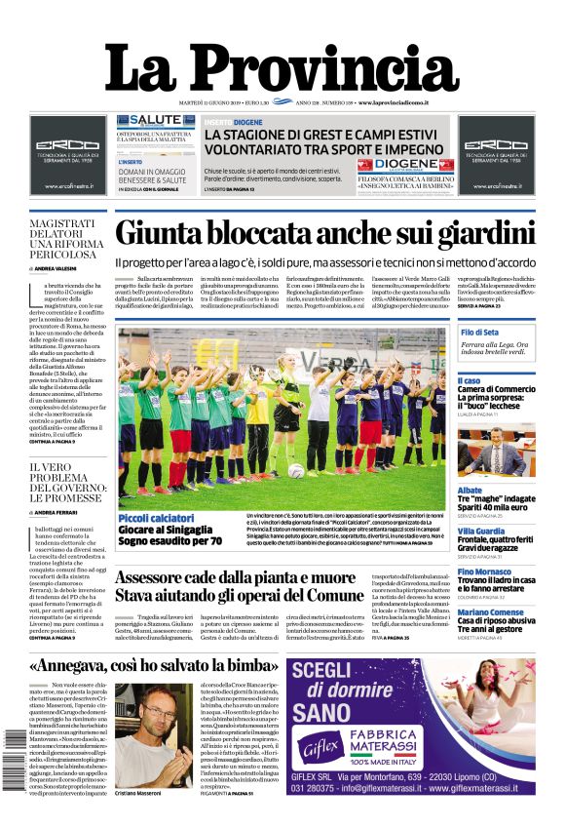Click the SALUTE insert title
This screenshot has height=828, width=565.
(155, 120)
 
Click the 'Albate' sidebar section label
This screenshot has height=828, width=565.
(470, 491)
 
